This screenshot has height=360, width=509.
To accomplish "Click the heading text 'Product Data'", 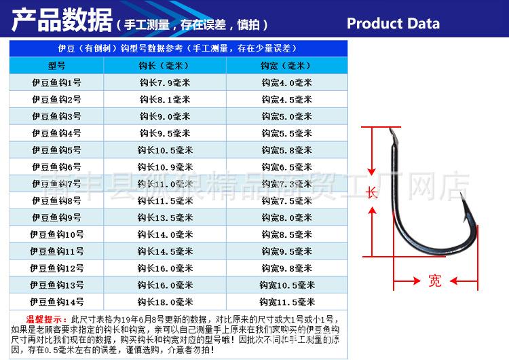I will click(x=393, y=24).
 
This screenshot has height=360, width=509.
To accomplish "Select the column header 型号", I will click(x=56, y=66).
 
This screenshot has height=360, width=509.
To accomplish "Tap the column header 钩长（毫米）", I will click(x=165, y=66).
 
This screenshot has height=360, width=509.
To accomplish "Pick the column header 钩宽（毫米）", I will click(x=286, y=66).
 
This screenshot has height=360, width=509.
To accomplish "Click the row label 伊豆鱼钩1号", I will click(x=56, y=83).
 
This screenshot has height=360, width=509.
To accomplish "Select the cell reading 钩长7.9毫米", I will click(x=165, y=83).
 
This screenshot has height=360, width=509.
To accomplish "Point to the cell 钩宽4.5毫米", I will click(x=286, y=99).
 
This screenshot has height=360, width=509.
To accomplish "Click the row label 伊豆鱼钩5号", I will click(x=56, y=150).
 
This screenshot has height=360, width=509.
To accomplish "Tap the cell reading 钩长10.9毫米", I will click(x=165, y=167).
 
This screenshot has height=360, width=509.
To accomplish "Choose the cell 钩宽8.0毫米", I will click(x=286, y=218).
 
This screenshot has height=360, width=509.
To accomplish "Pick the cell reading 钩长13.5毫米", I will click(x=165, y=218).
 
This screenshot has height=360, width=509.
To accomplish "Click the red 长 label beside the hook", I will click(x=371, y=192).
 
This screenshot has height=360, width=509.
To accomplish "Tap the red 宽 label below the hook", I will click(x=435, y=280).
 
